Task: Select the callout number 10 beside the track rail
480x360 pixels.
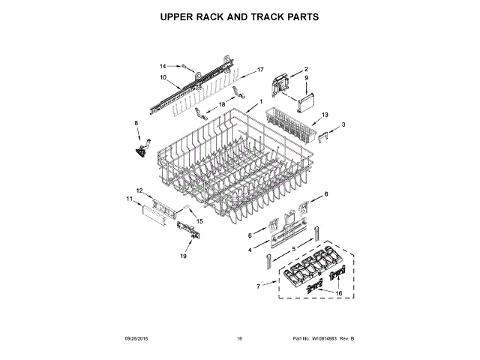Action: [x=163, y=77]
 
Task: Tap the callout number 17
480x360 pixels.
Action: [x=261, y=70]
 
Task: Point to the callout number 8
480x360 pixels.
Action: [x=136, y=123]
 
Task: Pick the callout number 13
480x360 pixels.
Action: [x=325, y=115]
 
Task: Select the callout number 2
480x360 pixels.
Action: [x=305, y=70]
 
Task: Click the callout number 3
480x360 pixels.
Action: [x=343, y=124]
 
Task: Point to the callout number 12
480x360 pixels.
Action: [x=139, y=190]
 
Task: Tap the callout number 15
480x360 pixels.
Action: [x=199, y=220]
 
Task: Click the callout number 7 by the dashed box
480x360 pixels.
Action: [x=259, y=286]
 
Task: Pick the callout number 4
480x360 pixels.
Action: [x=250, y=249]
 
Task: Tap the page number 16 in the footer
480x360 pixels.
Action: [x=239, y=339]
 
